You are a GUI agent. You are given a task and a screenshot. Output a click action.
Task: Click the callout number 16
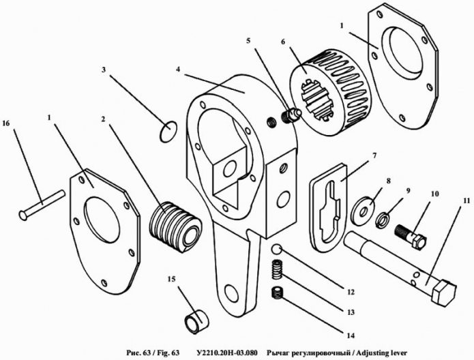[5, 123]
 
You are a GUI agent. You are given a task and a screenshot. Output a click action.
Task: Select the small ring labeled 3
[167, 131]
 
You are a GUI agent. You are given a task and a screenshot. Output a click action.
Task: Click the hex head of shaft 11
[444, 291]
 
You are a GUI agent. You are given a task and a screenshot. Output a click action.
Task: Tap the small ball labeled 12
[277, 250]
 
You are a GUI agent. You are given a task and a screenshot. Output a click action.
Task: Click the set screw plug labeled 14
[276, 292]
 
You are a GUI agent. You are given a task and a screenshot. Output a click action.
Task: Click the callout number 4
[178, 70]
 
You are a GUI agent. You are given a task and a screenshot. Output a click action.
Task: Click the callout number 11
[466, 200]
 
